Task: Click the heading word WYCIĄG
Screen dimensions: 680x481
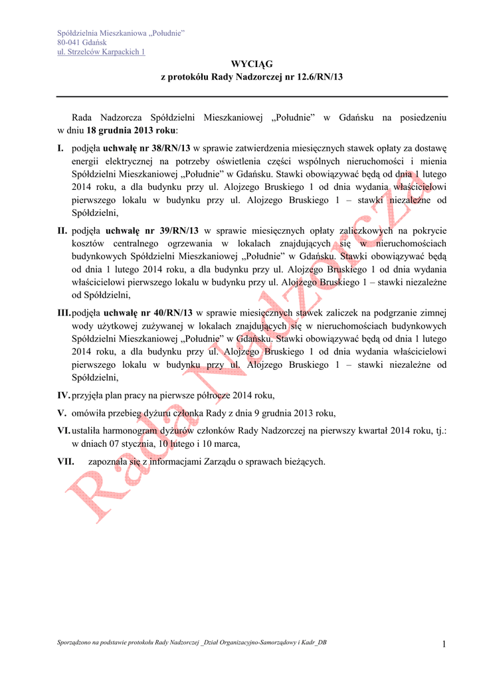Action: click(252, 64)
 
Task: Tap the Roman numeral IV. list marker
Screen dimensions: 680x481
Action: click(64, 395)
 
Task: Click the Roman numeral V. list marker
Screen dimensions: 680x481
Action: click(62, 412)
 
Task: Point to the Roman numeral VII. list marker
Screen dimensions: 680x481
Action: click(66, 461)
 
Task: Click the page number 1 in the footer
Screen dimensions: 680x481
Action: click(442, 643)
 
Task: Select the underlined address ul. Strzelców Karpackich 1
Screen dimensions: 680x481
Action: click(102, 52)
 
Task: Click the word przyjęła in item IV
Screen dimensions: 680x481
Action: click(88, 395)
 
